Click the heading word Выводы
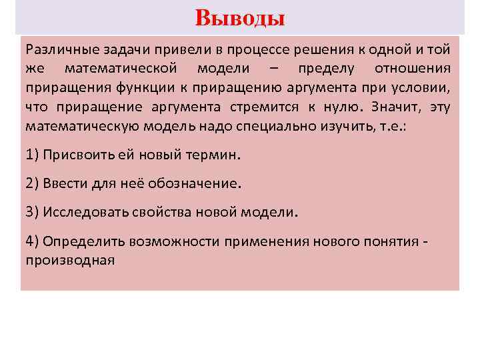[240, 18]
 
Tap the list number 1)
[32, 155]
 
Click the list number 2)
[32, 183]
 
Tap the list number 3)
[32, 212]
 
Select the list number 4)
[32, 241]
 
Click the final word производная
[70, 259]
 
